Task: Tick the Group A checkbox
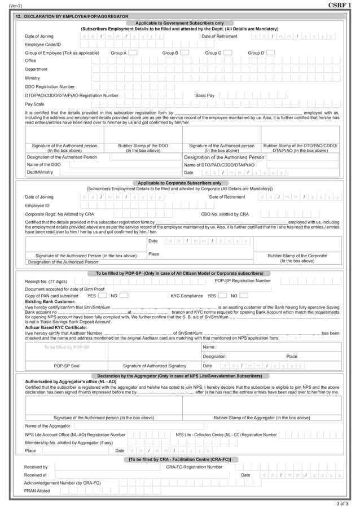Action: click(x=133, y=52)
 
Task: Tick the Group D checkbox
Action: click(x=270, y=52)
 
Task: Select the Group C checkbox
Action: click(x=227, y=52)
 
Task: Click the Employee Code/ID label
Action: click(x=43, y=44)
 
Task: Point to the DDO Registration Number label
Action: click(x=50, y=87)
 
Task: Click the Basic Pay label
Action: click(x=205, y=95)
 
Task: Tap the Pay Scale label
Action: click(x=34, y=104)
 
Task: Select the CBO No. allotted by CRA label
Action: click(x=225, y=214)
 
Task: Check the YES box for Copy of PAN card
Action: click(x=103, y=295)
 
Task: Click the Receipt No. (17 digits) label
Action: click(x=46, y=281)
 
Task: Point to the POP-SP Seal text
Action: click(x=67, y=366)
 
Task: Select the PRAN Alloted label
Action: click(x=37, y=491)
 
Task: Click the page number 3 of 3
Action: click(x=342, y=503)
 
